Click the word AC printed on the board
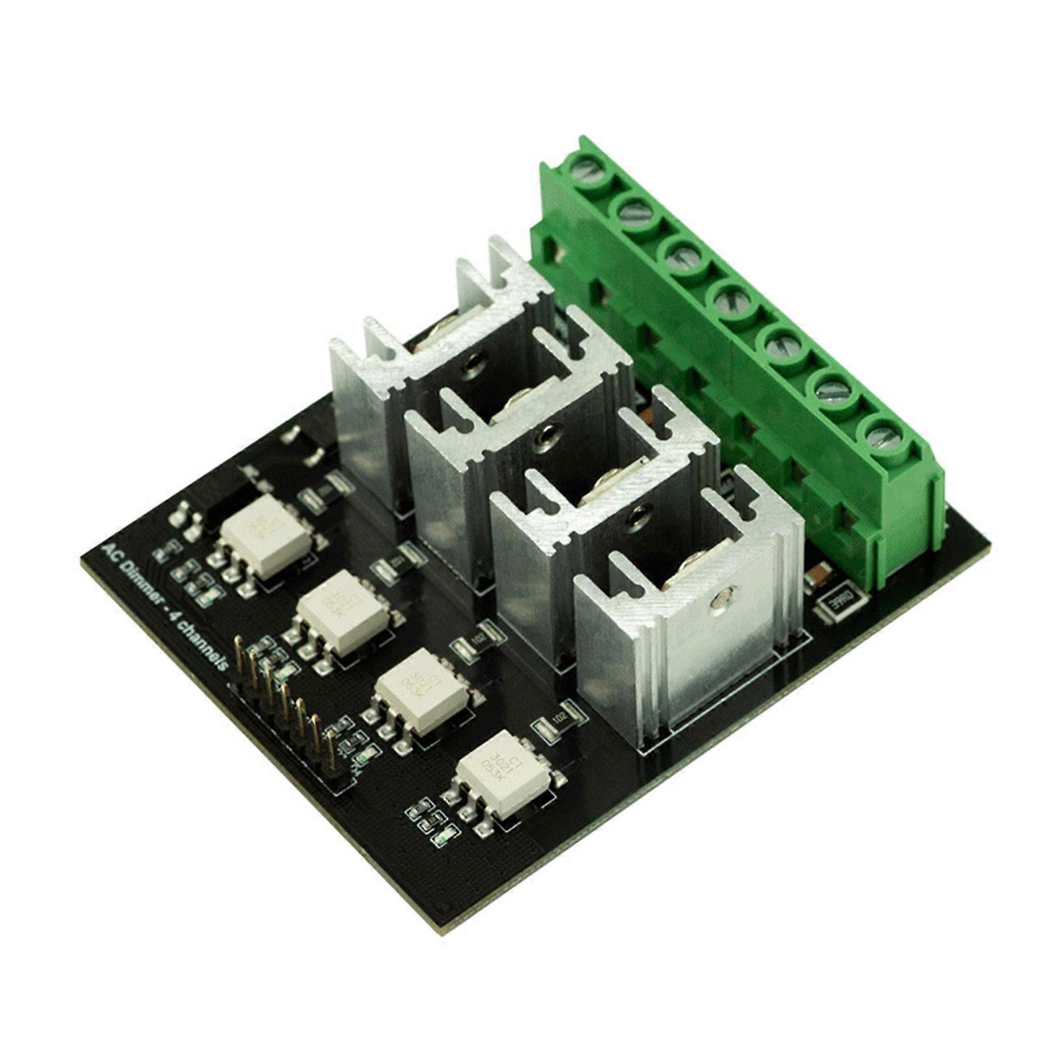[109, 549]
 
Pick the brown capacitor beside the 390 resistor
[817, 576]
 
